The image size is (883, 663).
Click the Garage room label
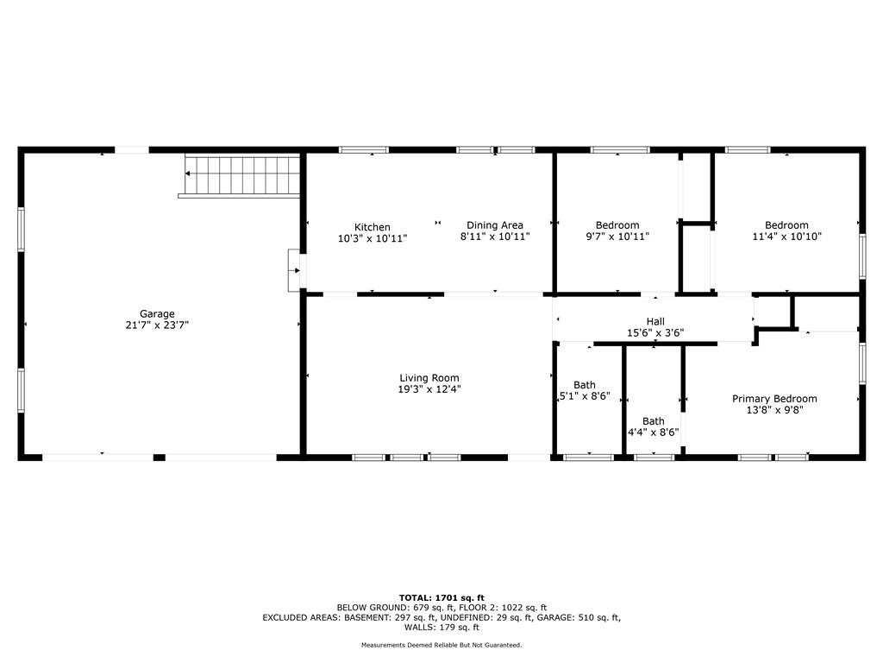[157, 314]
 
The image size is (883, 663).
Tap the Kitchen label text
[373, 227]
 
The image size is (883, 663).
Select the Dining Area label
[495, 225]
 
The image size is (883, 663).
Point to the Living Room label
[429, 378]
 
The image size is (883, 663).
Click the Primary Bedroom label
[774, 399]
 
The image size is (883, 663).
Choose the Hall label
[655, 322]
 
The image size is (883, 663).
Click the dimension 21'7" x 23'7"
[157, 325]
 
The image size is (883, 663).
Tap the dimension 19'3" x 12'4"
[429, 389]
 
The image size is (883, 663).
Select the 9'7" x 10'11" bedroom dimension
[617, 237]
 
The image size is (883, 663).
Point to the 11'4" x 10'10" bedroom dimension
[786, 237]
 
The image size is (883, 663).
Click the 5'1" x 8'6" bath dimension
[585, 396]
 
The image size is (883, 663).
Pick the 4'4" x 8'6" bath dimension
[654, 433]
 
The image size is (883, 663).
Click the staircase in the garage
[242, 175]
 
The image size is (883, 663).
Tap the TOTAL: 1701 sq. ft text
[441, 598]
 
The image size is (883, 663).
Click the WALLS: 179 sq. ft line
[441, 627]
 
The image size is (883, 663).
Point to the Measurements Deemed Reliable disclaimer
[441, 645]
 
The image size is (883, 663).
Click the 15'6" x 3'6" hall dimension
[655, 333]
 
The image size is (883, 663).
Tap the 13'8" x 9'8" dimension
[774, 410]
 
